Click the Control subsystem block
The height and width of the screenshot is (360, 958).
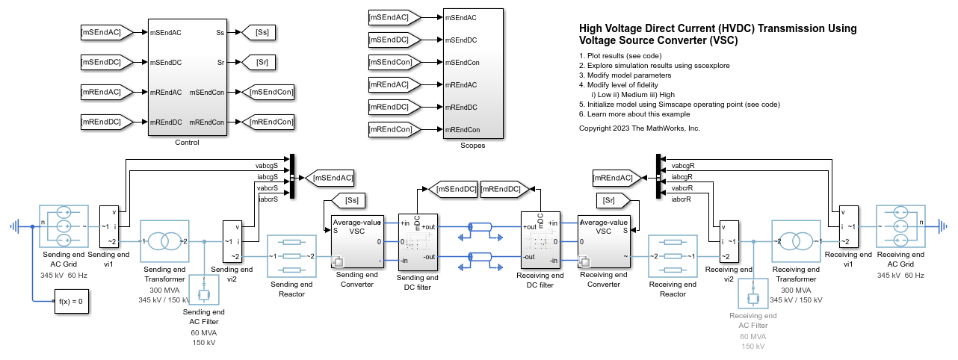click(x=186, y=77)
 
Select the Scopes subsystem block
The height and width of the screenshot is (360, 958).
click(x=472, y=73)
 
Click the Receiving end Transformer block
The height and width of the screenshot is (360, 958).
click(x=796, y=240)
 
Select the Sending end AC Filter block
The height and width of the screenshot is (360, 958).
click(x=203, y=292)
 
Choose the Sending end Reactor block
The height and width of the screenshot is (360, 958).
click(x=291, y=255)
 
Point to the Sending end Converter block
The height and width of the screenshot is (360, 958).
click(x=357, y=240)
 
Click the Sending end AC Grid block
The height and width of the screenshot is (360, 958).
click(x=64, y=226)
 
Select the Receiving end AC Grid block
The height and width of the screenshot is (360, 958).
click(x=900, y=226)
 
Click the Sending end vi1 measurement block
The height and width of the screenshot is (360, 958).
click(x=109, y=226)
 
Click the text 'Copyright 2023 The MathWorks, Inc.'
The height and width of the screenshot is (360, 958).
click(x=640, y=128)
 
